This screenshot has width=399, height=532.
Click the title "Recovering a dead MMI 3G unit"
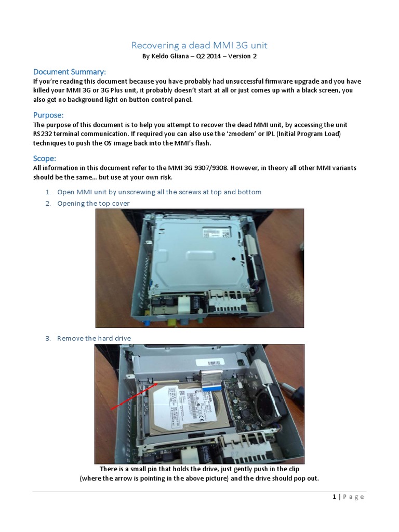pyautogui.click(x=199, y=46)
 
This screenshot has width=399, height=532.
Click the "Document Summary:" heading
pyautogui.click(x=70, y=72)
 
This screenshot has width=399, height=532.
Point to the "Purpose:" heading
pyautogui.click(x=48, y=115)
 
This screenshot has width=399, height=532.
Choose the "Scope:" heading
pyautogui.click(x=45, y=158)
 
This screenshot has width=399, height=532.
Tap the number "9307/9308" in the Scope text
pyautogui.click(x=211, y=168)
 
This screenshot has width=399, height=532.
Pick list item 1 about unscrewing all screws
pyautogui.click(x=159, y=192)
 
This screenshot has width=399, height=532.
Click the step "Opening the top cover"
pyautogui.click(x=94, y=204)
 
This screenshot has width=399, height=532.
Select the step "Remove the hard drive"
pyautogui.click(x=94, y=339)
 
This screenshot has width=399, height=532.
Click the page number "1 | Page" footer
pyautogui.click(x=348, y=497)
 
